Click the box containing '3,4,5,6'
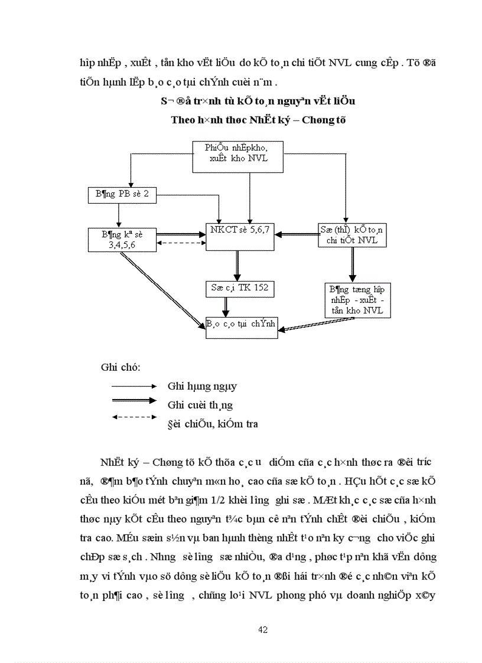tap(122, 240)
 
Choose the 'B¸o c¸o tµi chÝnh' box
tap(242, 325)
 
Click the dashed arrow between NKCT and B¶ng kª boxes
tap(181, 243)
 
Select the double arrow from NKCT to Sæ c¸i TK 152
tap(237, 265)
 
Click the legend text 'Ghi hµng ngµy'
tap(202, 386)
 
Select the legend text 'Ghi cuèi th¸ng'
tap(200, 404)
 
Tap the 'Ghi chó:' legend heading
tap(120, 367)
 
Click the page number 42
tap(263, 629)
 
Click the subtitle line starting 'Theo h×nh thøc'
tap(258, 120)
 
